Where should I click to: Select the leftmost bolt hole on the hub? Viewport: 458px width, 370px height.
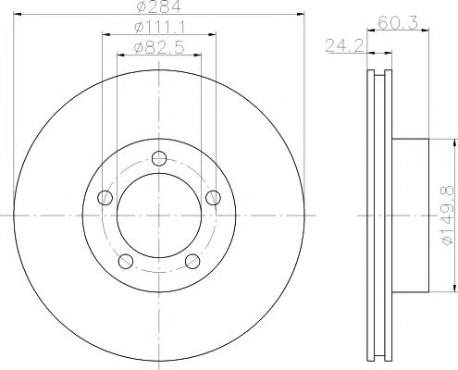tap(105, 197)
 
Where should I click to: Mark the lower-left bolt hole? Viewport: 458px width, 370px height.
tap(125, 261)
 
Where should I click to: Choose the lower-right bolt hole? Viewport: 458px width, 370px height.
tap(192, 261)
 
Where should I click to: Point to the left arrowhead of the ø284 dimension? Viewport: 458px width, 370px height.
tap(19, 16)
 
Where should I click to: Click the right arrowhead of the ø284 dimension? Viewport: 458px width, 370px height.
tap(299, 16)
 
